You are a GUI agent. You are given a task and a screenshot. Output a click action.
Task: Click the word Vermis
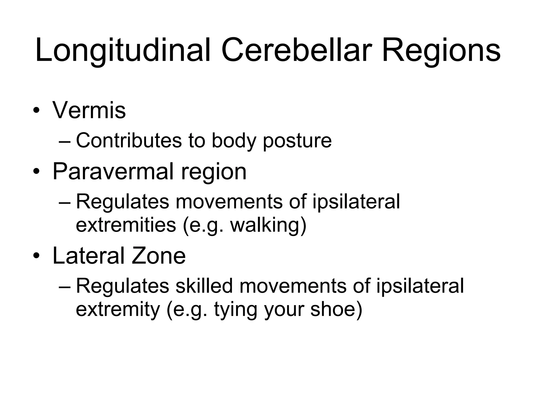click(x=89, y=110)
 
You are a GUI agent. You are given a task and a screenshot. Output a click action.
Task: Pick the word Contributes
click(x=129, y=141)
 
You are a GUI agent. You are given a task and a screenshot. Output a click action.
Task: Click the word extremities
click(x=126, y=225)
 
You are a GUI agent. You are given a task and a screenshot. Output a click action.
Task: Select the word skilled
click(x=204, y=286)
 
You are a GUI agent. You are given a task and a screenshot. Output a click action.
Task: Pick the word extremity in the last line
click(x=118, y=309)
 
